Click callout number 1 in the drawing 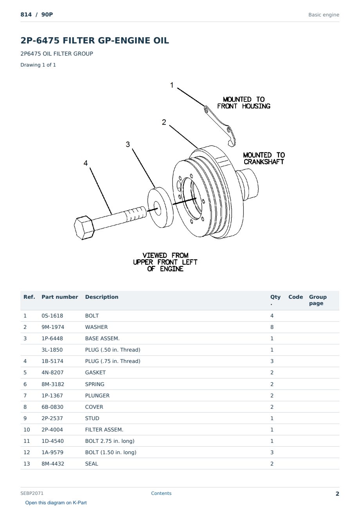[x=172, y=85]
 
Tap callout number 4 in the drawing [x=86, y=163]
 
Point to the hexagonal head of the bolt [x=84, y=227]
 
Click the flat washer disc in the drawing [x=160, y=207]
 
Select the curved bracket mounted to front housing [x=220, y=126]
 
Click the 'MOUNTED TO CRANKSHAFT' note [x=264, y=159]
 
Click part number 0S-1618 [x=52, y=316]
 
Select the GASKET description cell [x=95, y=372]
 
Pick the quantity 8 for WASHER [x=272, y=327]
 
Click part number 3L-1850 [x=52, y=350]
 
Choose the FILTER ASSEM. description [x=104, y=430]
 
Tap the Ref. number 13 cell [x=27, y=464]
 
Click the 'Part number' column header [x=60, y=297]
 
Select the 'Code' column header [x=295, y=297]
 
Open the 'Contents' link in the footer [x=161, y=493]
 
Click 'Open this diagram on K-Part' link [x=56, y=502]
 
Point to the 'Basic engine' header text [x=324, y=15]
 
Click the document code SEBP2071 [x=32, y=493]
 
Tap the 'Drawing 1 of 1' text [x=38, y=65]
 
